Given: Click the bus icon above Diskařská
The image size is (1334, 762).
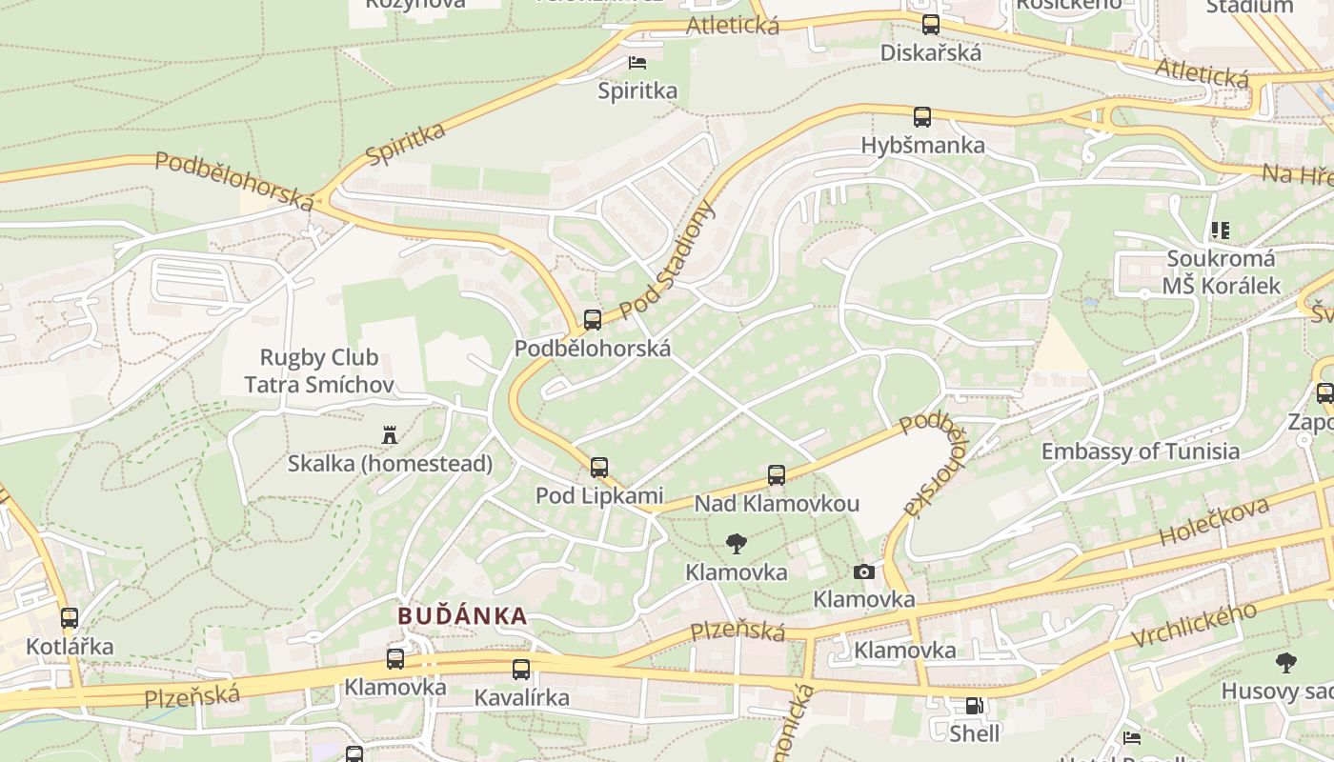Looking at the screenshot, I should click(x=931, y=25).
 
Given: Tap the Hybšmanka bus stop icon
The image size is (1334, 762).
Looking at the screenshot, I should click(x=922, y=117).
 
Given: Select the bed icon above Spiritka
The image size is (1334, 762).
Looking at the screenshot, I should click(x=637, y=63).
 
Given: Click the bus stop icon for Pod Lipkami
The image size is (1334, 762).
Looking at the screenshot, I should click(x=599, y=468).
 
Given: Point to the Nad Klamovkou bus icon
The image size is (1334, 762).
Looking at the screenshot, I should click(x=777, y=475).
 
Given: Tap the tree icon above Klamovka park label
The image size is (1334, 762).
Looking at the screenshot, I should click(x=736, y=544).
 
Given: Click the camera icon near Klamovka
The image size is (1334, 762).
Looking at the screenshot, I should click(x=864, y=571).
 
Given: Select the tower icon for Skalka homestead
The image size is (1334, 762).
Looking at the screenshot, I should click(x=389, y=435).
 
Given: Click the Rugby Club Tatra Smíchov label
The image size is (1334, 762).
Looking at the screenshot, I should click(x=319, y=371).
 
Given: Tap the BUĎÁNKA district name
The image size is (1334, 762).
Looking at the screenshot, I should click(x=462, y=615).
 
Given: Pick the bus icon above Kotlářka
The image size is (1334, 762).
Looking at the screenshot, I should click(x=70, y=618).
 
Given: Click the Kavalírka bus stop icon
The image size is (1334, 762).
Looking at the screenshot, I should click(x=521, y=670).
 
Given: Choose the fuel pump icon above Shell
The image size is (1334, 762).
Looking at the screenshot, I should click(x=975, y=706).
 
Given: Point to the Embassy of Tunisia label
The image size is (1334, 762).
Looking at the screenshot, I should click(x=1140, y=451).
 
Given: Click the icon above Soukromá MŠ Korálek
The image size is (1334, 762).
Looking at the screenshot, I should click(x=1220, y=231).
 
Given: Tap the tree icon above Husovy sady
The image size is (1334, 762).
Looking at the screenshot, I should click(x=1285, y=663).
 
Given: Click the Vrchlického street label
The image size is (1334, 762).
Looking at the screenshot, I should click(x=1195, y=626).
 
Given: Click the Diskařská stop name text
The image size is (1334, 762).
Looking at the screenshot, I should click(x=930, y=52).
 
